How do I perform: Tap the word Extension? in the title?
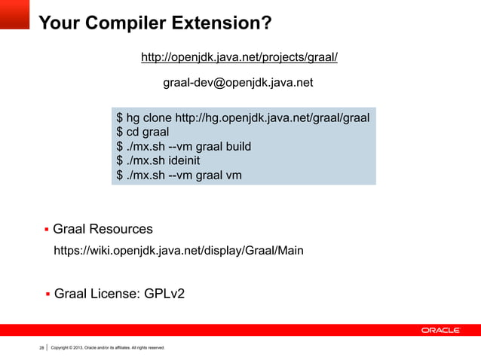point(220,24)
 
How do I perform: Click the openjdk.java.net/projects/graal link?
point(240,58)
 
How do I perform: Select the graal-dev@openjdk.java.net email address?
point(238,82)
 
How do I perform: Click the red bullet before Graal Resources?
point(47,229)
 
